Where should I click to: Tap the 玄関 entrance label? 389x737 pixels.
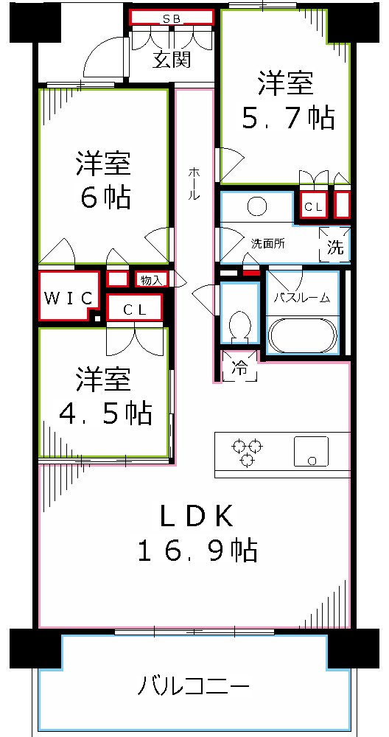(172, 60)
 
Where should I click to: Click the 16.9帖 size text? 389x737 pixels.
(197, 550)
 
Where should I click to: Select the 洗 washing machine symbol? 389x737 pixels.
(334, 248)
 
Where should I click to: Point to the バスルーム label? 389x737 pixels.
(302, 298)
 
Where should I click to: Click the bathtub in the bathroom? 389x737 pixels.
(303, 335)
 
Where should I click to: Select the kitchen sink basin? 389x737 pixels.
(311, 451)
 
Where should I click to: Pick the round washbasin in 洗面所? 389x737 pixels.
(256, 207)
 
